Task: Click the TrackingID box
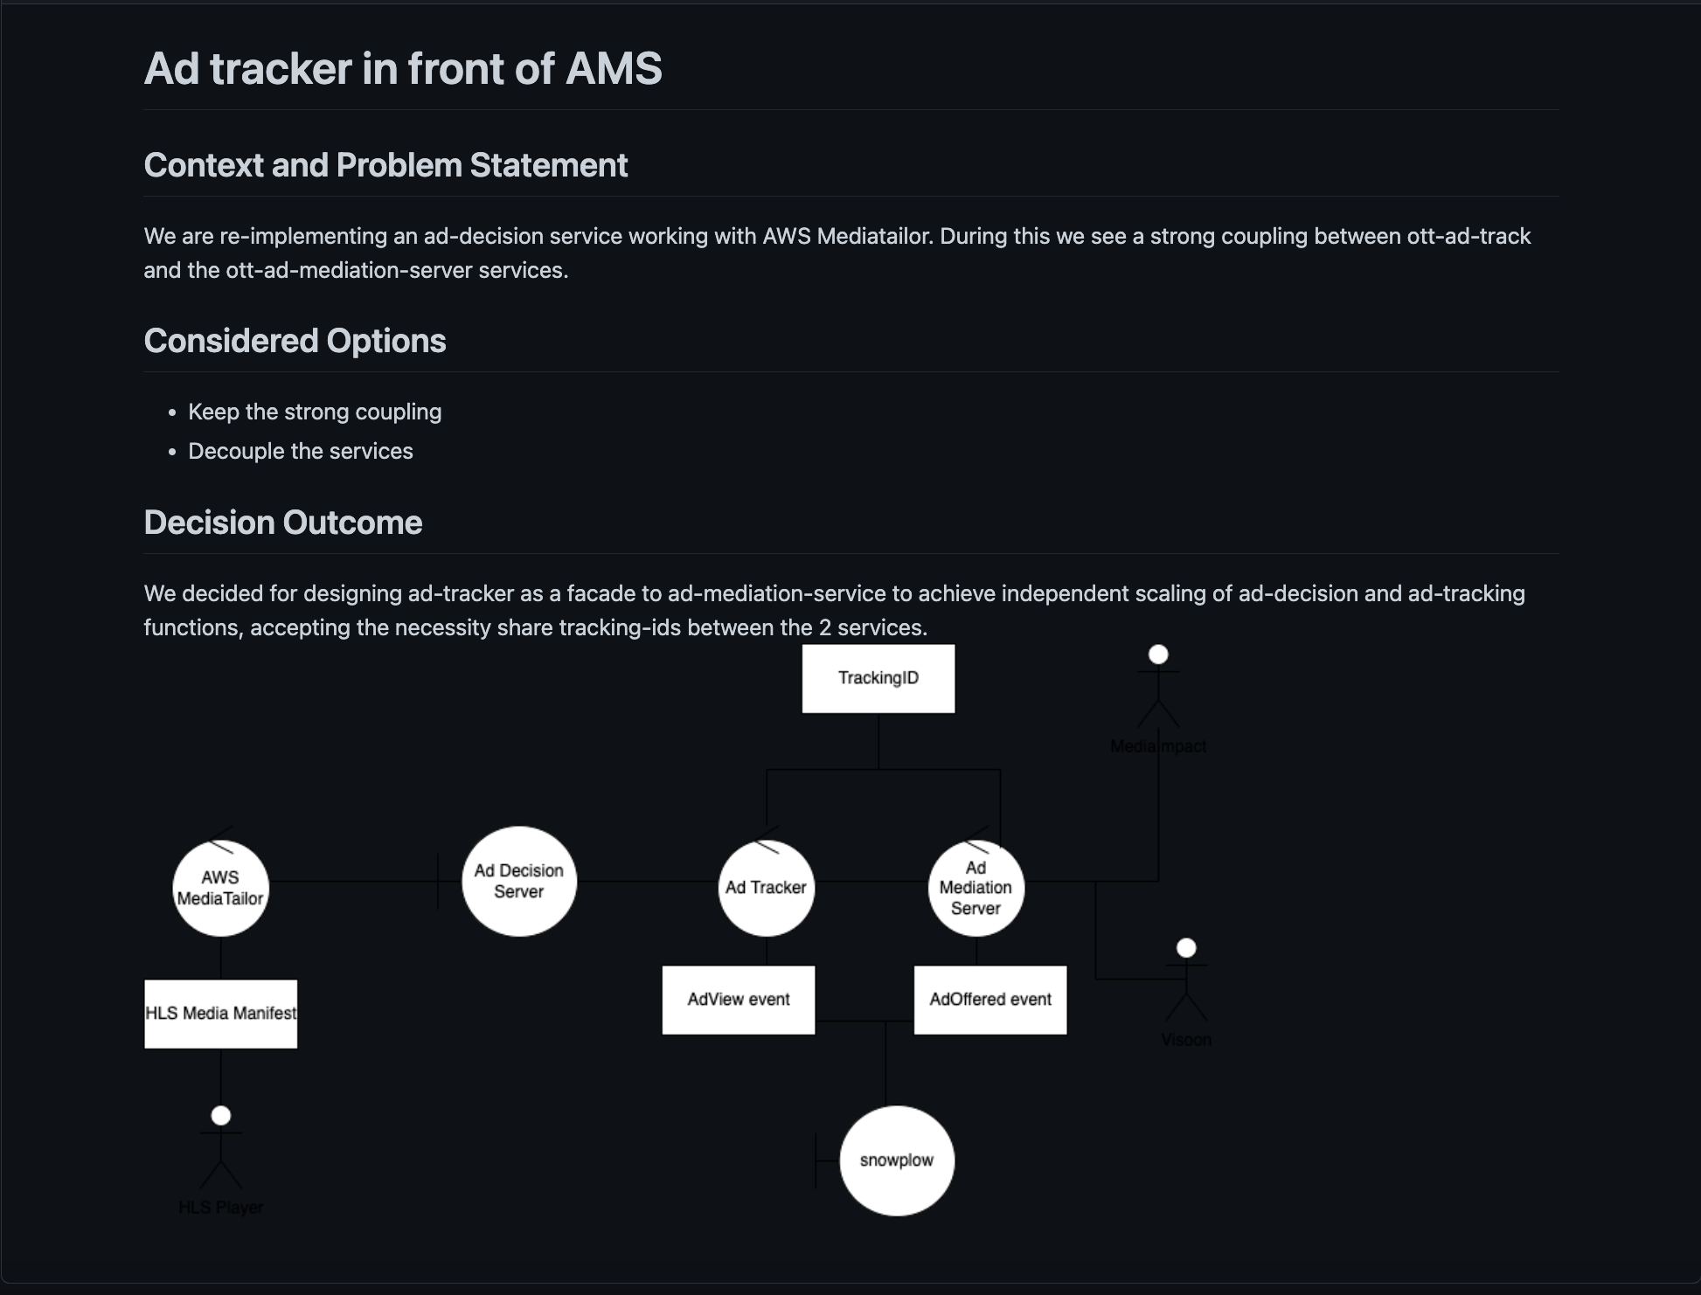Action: pyautogui.click(x=878, y=678)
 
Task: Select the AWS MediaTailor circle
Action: pyautogui.click(x=220, y=888)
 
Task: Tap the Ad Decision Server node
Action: pyautogui.click(x=518, y=881)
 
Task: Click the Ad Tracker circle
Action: pyautogui.click(x=766, y=888)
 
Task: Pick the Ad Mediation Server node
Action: pyautogui.click(x=975, y=888)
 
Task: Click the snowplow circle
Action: pyautogui.click(x=896, y=1160)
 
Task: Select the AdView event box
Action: pyautogui.click(x=738, y=1000)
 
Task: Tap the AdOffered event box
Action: pyautogui.click(x=989, y=1000)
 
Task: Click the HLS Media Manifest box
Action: pyautogui.click(x=220, y=1014)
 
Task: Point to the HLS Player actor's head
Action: pyautogui.click(x=221, y=1116)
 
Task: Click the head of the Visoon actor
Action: pyautogui.click(x=1186, y=948)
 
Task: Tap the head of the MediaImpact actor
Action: pyautogui.click(x=1158, y=654)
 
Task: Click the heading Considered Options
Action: pyautogui.click(x=295, y=341)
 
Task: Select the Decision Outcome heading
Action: pyautogui.click(x=282, y=523)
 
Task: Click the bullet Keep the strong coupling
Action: pyautogui.click(x=315, y=412)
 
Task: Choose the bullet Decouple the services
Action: pyautogui.click(x=300, y=451)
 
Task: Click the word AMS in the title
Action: pyautogui.click(x=614, y=68)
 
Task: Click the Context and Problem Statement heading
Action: pyautogui.click(x=385, y=165)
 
